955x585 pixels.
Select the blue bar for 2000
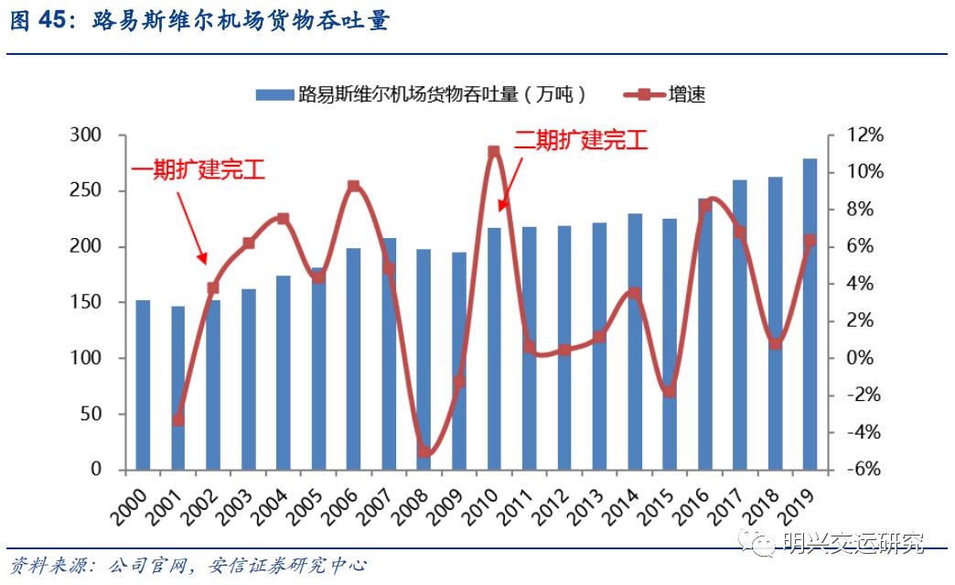[143, 385]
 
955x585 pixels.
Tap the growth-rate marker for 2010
[494, 152]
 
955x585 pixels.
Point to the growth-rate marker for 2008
[424, 450]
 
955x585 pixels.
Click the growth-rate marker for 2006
[354, 187]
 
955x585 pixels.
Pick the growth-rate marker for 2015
[670, 392]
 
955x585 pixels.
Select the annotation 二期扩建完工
[580, 140]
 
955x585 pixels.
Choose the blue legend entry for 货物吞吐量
[421, 94]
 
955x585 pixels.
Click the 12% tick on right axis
[863, 135]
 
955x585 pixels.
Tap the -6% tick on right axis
[863, 470]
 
